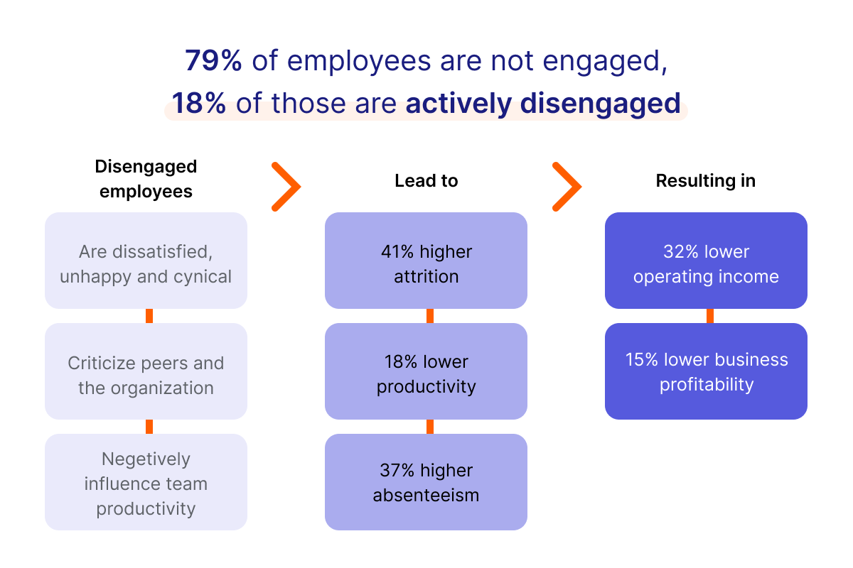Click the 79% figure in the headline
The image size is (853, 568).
tap(213, 61)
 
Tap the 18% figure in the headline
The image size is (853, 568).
tap(199, 104)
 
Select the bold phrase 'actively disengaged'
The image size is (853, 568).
tap(543, 104)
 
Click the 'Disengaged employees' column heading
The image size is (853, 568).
tap(146, 179)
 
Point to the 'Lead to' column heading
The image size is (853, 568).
tap(426, 181)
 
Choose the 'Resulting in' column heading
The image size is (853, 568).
tap(705, 181)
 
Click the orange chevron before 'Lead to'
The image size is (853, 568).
tap(286, 187)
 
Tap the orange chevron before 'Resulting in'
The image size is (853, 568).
tap(567, 187)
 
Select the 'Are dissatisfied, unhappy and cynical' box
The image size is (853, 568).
tap(146, 261)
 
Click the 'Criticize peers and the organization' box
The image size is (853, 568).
tap(146, 371)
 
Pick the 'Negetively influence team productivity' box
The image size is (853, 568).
tap(146, 482)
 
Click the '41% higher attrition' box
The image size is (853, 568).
tap(426, 261)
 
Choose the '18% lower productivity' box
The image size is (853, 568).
tap(426, 371)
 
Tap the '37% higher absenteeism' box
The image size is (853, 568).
tap(426, 482)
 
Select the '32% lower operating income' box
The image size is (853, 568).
tap(706, 261)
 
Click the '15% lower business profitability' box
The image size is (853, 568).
tap(706, 371)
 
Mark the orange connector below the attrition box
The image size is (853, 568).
tap(430, 316)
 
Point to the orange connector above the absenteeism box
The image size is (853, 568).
tap(430, 427)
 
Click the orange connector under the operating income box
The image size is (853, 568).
tap(709, 316)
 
